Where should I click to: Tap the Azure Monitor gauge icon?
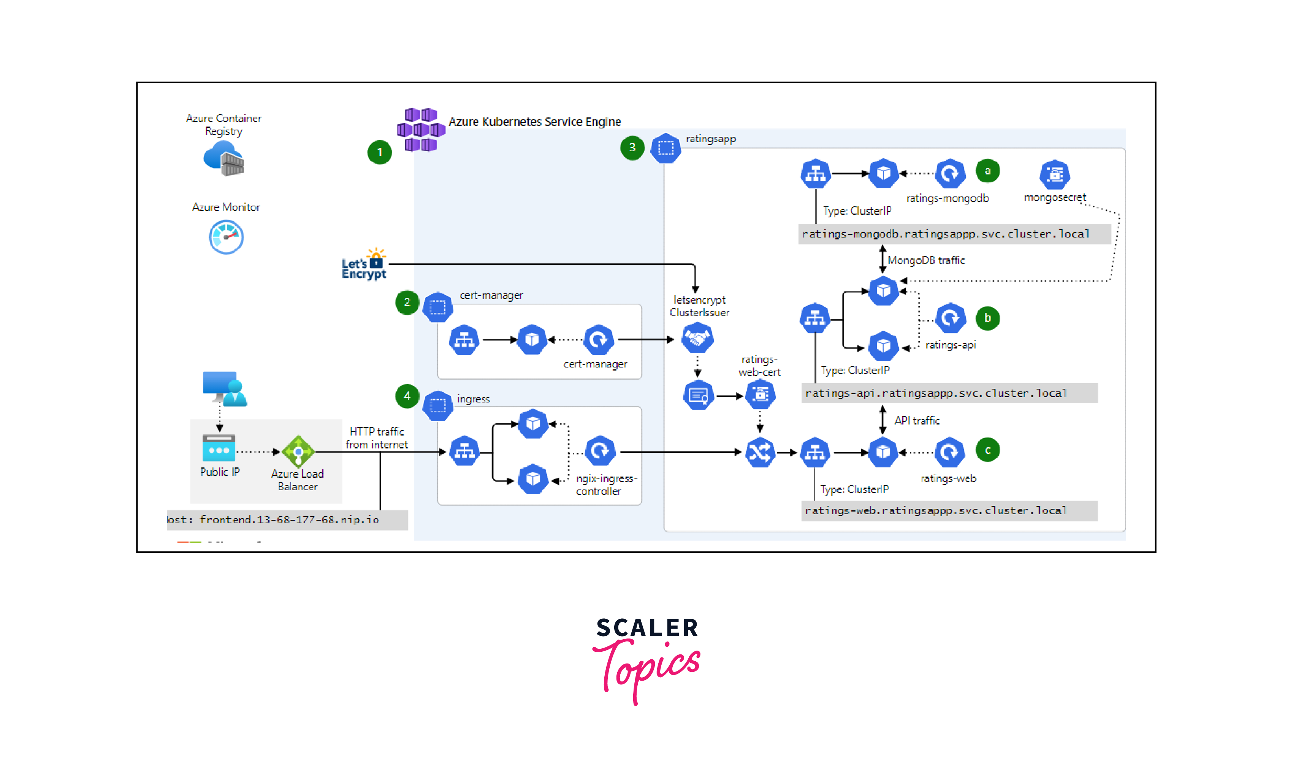(x=226, y=237)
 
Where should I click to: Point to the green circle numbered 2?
(x=407, y=302)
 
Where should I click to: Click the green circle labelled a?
(x=987, y=171)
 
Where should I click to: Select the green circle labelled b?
(x=987, y=318)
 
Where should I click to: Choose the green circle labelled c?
(x=987, y=450)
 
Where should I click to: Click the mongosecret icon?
(x=1054, y=174)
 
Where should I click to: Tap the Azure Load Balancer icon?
(x=298, y=451)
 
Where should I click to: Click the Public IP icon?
(x=219, y=448)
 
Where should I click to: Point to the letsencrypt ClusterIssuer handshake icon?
(x=697, y=339)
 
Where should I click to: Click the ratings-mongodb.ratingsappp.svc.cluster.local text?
(x=946, y=234)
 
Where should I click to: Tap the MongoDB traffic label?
(x=926, y=260)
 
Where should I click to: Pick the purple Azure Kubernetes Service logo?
(x=421, y=130)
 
